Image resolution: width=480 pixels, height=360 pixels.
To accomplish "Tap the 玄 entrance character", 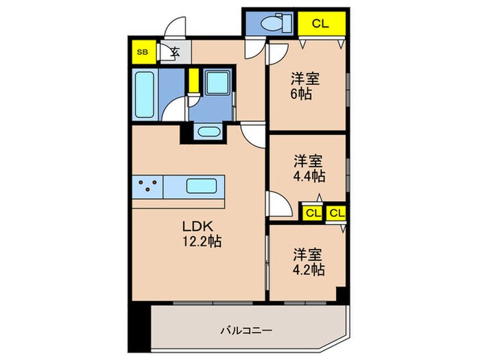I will tap(174, 51).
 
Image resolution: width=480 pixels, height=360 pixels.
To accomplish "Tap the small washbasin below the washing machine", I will tap(208, 132).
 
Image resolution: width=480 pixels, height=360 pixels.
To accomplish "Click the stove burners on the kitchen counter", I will tap(149, 185).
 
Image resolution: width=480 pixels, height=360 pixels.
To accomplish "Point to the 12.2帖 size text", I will tap(202, 241).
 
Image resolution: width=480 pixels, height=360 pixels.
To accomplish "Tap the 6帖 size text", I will tap(303, 95).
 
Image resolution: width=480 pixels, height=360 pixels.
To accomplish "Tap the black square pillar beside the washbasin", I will tap(187, 133).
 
